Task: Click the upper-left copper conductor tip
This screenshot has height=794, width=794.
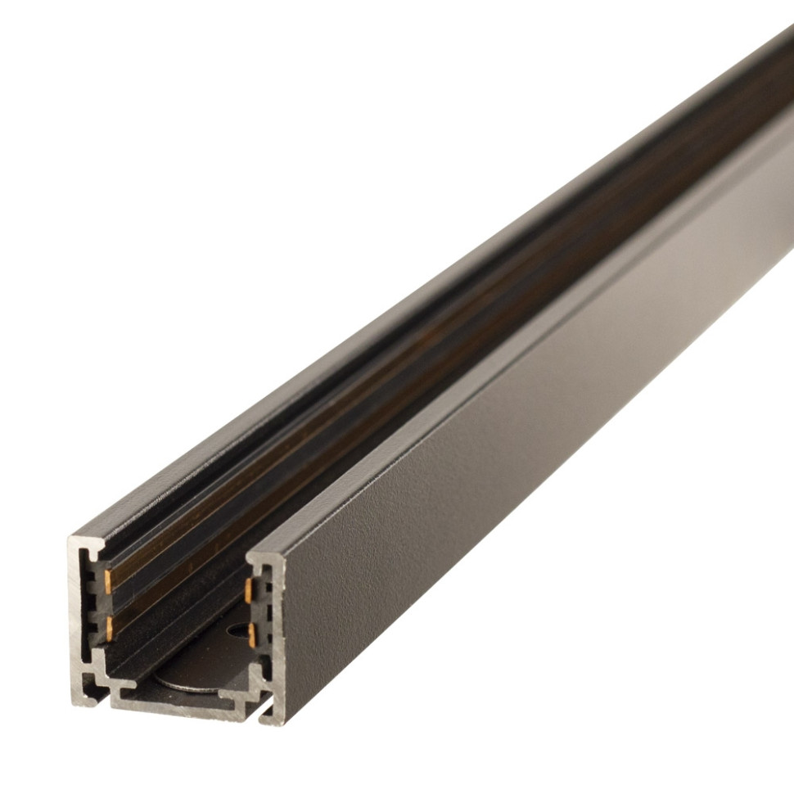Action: [108, 580]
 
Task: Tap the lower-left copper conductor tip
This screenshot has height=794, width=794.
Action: [108, 628]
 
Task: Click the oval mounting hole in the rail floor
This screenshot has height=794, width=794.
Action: [237, 631]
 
